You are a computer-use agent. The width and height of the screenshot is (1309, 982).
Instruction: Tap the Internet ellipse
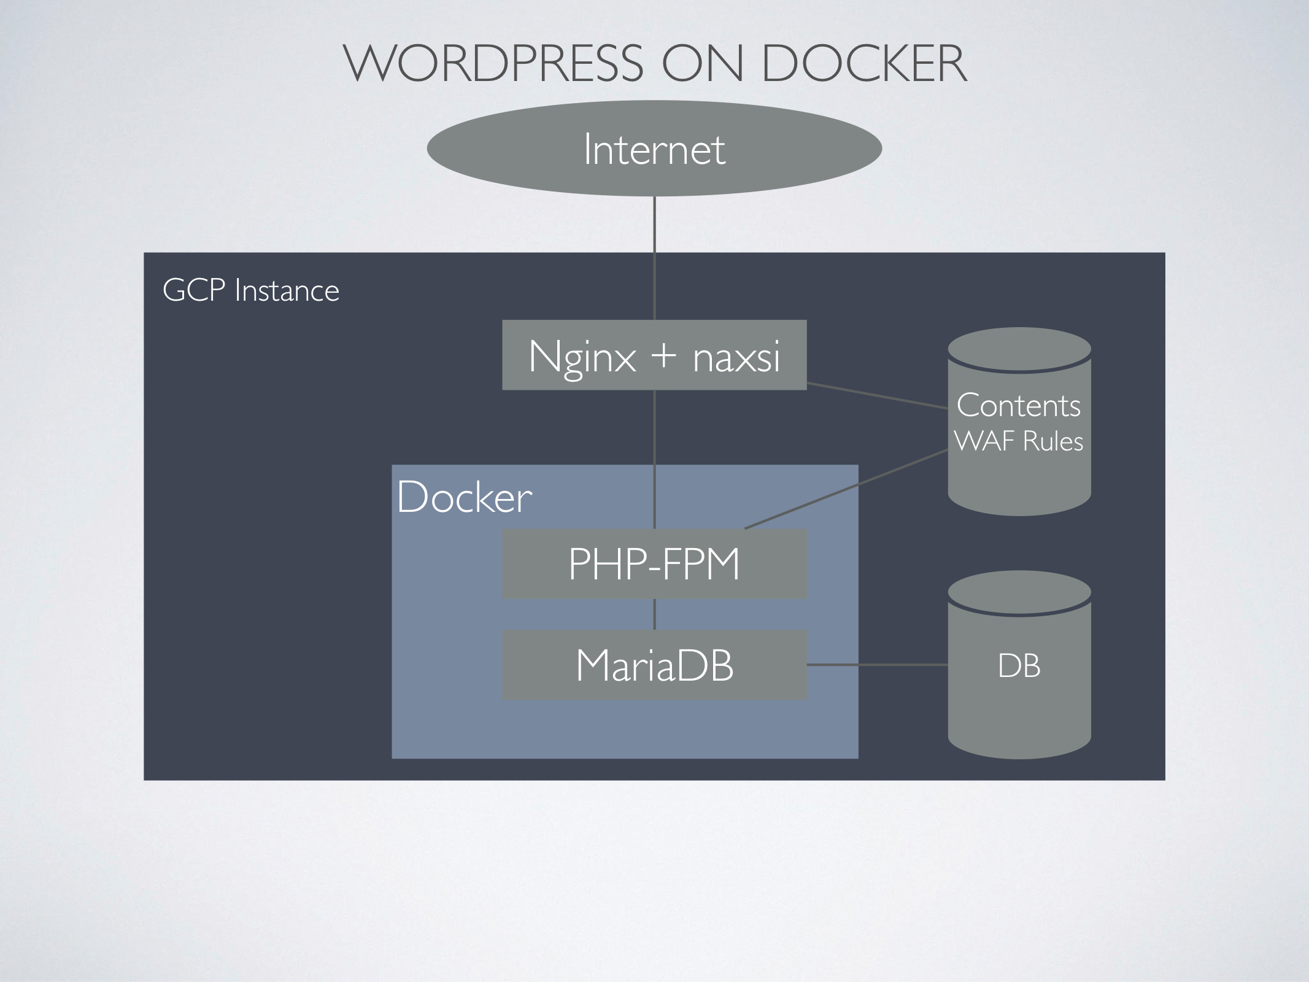[654, 149]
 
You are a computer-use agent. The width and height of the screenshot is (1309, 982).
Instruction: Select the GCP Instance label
[250, 290]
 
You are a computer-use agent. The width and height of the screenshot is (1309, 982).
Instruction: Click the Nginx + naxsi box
[654, 355]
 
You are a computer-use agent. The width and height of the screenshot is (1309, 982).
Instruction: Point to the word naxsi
[736, 357]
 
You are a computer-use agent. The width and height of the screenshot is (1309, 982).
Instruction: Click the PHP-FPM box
[654, 564]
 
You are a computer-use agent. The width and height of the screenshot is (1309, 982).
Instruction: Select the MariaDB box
[654, 665]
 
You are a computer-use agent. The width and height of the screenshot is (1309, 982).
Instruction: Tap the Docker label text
[464, 497]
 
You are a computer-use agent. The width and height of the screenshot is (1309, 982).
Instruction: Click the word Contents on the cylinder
[1019, 406]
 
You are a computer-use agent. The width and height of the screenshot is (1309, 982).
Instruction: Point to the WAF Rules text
[1019, 441]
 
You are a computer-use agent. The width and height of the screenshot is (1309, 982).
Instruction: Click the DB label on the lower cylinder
[1019, 666]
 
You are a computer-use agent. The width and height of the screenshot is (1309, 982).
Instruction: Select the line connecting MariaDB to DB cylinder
[878, 665]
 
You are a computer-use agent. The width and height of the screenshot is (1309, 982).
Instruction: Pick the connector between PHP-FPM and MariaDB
[654, 614]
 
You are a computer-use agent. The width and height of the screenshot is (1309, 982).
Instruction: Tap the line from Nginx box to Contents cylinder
[878, 395]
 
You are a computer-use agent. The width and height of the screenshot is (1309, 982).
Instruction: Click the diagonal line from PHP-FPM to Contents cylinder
[847, 489]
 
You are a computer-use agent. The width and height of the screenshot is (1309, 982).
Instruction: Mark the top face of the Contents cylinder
[1019, 349]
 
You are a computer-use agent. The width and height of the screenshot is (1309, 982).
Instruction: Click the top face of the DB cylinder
[1019, 592]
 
